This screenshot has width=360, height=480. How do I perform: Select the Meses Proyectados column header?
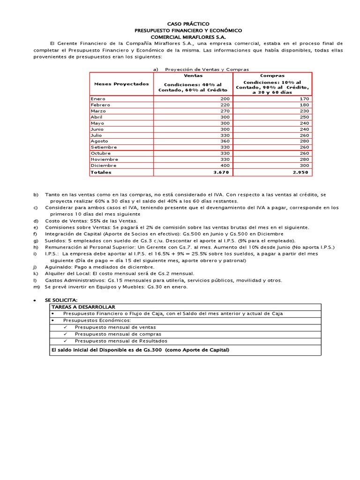[x=121, y=84]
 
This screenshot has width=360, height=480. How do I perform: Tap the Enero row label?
[x=98, y=99]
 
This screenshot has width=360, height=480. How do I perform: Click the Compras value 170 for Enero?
[x=304, y=99]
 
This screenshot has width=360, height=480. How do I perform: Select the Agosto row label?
[x=100, y=141]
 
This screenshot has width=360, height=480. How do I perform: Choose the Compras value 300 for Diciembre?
[x=304, y=165]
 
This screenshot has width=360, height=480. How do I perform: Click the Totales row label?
[x=100, y=172]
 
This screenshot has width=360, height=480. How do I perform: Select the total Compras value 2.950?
[x=300, y=172]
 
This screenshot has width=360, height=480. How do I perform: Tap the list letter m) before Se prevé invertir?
[x=36, y=287]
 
